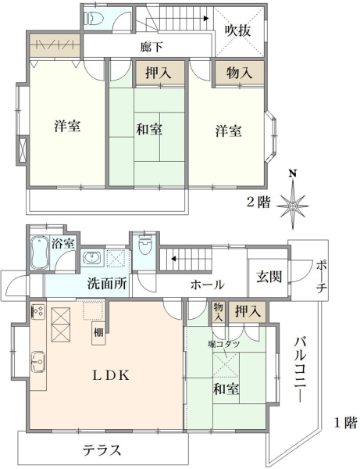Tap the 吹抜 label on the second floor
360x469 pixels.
[237, 30]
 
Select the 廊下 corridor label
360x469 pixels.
[151, 47]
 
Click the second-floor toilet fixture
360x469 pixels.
[94, 19]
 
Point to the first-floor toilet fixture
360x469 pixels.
[145, 245]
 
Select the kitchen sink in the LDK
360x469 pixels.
[38, 362]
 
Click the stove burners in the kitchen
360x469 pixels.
[38, 312]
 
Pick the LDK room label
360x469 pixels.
[111, 375]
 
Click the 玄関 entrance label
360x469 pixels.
[269, 277]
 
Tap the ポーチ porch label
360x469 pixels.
[322, 277]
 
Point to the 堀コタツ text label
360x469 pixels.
[224, 344]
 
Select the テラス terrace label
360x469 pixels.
[102, 449]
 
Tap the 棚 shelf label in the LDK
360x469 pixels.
[98, 332]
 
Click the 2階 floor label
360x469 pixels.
[258, 202]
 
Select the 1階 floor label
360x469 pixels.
[345, 423]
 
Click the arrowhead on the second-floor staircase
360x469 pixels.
[206, 19]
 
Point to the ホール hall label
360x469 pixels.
[208, 285]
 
